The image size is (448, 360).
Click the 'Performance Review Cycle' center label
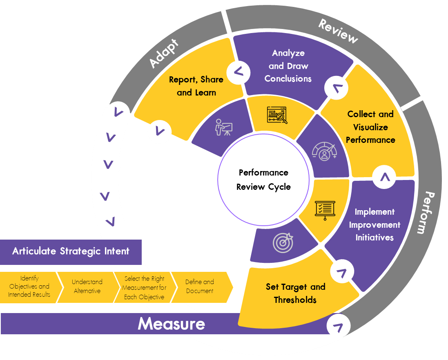click(x=263, y=180)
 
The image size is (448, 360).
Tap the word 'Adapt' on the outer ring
click(x=164, y=53)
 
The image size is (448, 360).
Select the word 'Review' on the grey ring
click(x=338, y=31)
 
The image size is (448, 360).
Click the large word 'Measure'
click(x=171, y=324)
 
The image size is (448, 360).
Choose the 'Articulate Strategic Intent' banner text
click(x=71, y=251)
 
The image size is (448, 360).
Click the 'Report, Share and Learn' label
click(x=196, y=86)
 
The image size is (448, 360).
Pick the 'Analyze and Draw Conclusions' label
click(x=288, y=66)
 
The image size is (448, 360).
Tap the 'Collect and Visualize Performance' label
click(x=370, y=127)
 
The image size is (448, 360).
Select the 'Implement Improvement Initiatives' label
click(x=374, y=224)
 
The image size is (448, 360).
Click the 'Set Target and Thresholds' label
click(x=295, y=293)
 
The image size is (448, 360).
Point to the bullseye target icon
click(x=283, y=242)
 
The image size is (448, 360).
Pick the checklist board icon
click(x=325, y=209)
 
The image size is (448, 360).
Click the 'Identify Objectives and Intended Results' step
click(x=29, y=287)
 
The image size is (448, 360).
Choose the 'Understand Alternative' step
click(x=87, y=287)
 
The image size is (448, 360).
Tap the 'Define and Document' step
click(x=199, y=287)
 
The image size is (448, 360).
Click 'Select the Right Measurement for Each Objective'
click(x=144, y=288)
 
